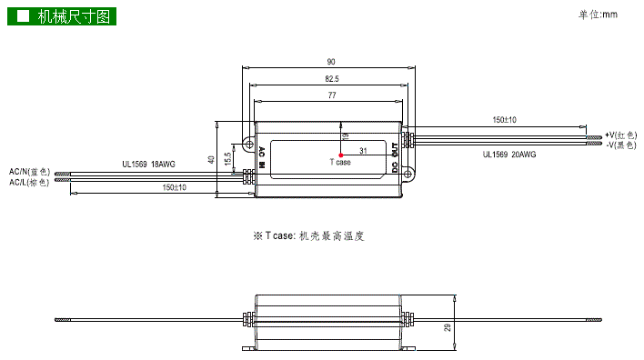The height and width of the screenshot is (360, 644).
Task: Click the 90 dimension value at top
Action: click(330, 62)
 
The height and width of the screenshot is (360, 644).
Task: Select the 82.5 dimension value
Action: click(332, 79)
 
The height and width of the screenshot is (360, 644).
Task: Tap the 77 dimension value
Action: click(332, 95)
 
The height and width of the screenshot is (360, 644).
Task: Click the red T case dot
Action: click(341, 155)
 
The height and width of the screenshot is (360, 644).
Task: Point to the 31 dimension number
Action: click(363, 151)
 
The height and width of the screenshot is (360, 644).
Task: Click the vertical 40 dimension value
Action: click(211, 159)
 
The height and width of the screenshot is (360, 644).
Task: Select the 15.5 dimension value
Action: click(228, 159)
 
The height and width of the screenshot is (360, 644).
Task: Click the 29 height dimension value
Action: click(448, 327)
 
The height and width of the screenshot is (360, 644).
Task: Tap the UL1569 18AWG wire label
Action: click(148, 165)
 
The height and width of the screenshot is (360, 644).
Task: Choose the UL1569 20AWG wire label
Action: click(509, 155)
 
